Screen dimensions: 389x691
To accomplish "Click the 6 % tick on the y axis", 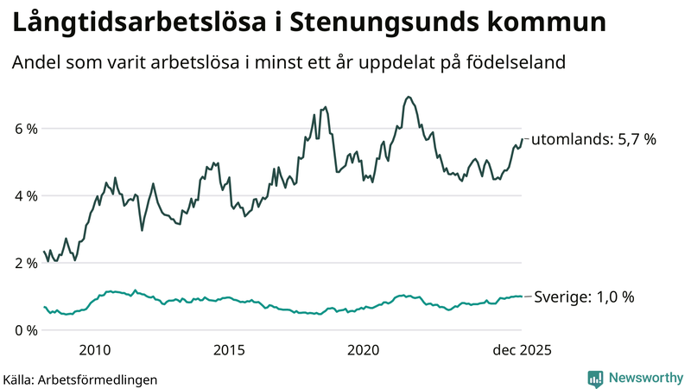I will click(24, 129).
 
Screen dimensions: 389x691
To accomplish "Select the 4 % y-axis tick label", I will click(24, 196).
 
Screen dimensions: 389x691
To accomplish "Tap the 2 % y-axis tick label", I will click(24, 264).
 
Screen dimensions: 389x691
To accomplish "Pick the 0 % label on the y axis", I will click(24, 330).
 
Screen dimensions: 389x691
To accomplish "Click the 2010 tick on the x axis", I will click(95, 350).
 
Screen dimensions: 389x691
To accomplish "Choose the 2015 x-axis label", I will click(229, 350).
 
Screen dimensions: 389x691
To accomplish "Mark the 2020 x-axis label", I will click(364, 350).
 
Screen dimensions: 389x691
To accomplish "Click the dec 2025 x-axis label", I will click(521, 350).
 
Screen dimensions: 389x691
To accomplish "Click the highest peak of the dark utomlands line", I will click(408, 97).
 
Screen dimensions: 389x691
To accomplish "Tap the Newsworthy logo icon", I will click(595, 378).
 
